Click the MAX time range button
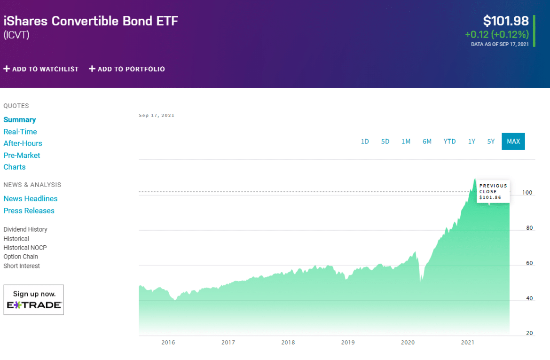(513, 141)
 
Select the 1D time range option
(365, 141)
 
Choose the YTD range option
(449, 141)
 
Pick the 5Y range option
(491, 141)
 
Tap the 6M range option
(427, 141)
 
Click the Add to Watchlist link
(41, 69)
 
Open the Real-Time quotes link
(20, 132)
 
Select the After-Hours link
(23, 143)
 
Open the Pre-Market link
(22, 155)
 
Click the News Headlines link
(31, 199)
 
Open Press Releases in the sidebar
(29, 211)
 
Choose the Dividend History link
(25, 229)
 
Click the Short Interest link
(22, 266)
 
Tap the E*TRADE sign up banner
(33, 300)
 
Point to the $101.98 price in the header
(506, 21)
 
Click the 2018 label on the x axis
(288, 343)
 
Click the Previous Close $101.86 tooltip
(493, 191)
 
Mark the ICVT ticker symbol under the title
(16, 35)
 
